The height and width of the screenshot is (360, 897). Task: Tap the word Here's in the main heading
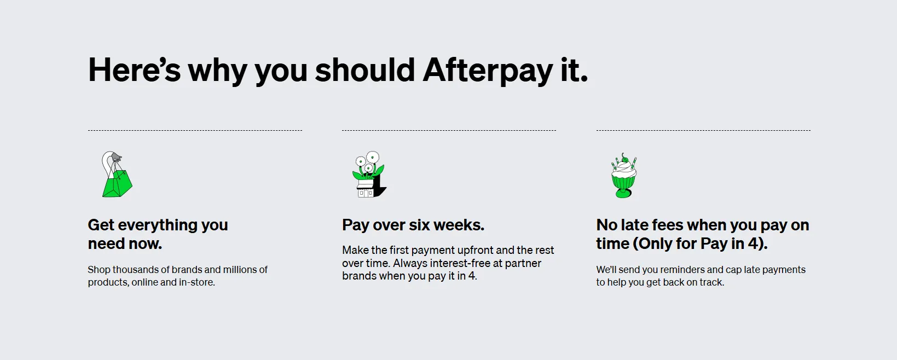[x=134, y=71]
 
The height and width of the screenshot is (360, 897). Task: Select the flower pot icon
[x=369, y=175]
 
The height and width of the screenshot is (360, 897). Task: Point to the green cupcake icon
[x=624, y=176]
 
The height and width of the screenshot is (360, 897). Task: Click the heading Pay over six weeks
[x=413, y=225]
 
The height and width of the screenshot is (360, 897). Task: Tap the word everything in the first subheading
[x=158, y=225]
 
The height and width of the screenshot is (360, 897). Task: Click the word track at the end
[x=711, y=282]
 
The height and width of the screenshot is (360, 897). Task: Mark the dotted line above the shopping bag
[x=195, y=131]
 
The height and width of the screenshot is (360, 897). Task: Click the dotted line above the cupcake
[x=703, y=131]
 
